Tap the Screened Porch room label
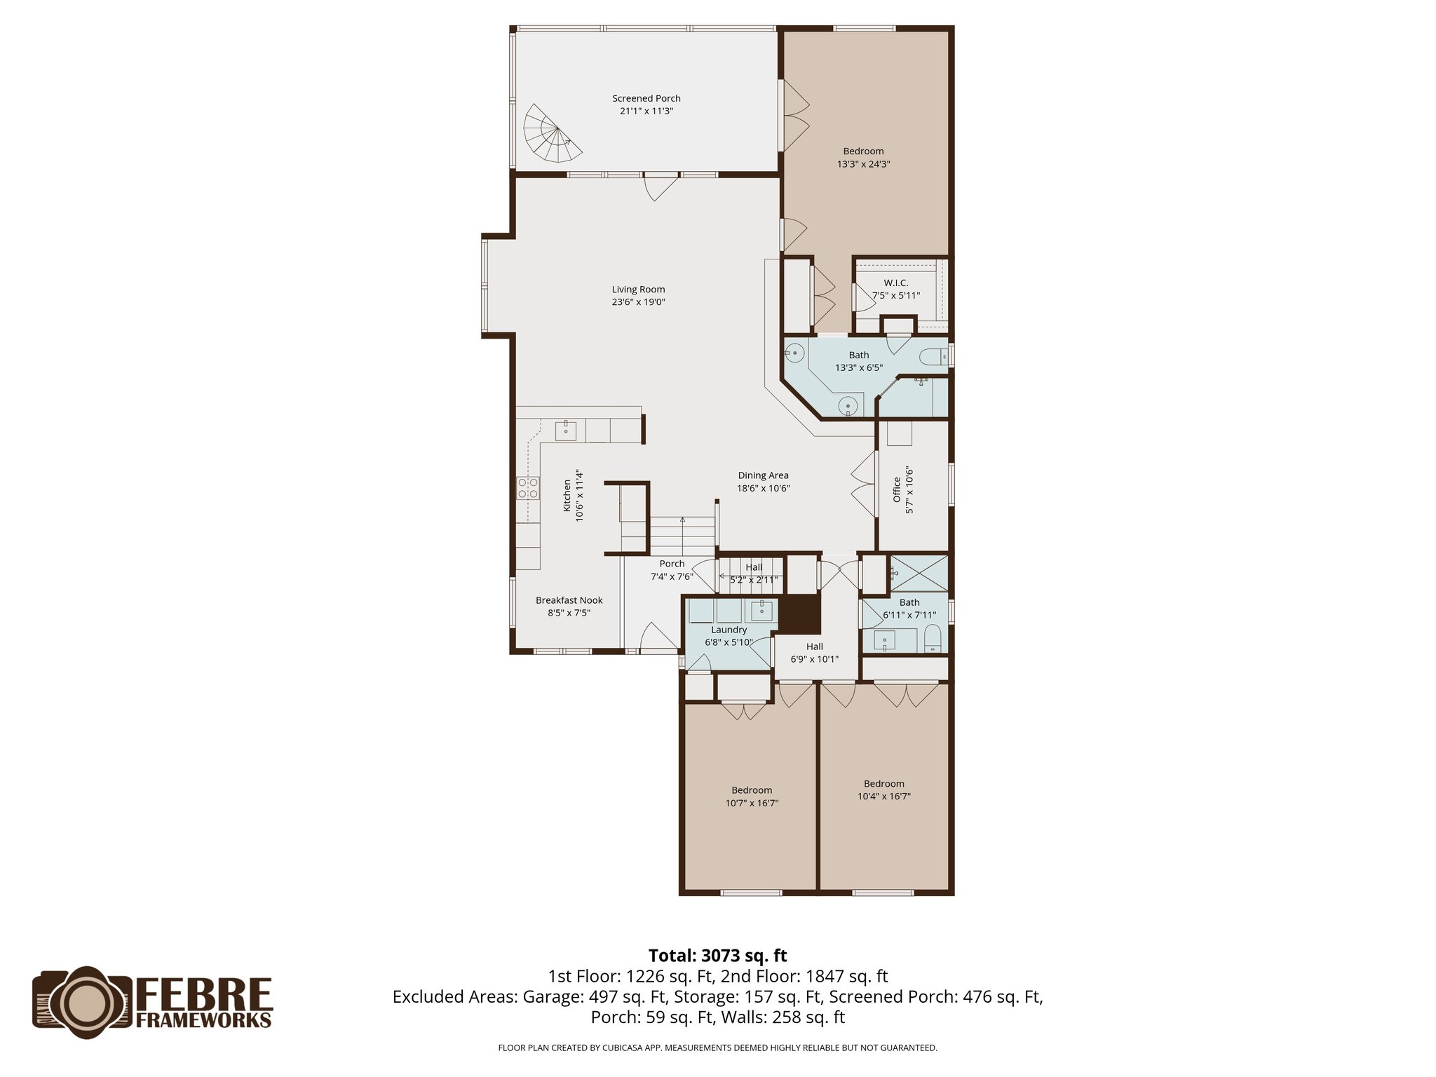(x=646, y=98)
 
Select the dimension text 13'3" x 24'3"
(x=863, y=164)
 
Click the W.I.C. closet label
(x=895, y=283)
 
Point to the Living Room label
(x=638, y=289)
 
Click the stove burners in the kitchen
(x=528, y=488)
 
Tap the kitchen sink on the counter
(x=566, y=431)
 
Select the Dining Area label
(x=763, y=475)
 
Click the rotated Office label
(x=896, y=489)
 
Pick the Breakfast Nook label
(x=569, y=600)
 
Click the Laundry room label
(x=729, y=630)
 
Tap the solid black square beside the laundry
(x=800, y=614)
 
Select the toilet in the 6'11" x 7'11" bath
(x=933, y=639)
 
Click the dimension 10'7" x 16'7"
(x=752, y=803)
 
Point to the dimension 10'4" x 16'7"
(x=883, y=797)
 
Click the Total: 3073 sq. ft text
(x=717, y=956)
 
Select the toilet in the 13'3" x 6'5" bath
(x=935, y=357)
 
